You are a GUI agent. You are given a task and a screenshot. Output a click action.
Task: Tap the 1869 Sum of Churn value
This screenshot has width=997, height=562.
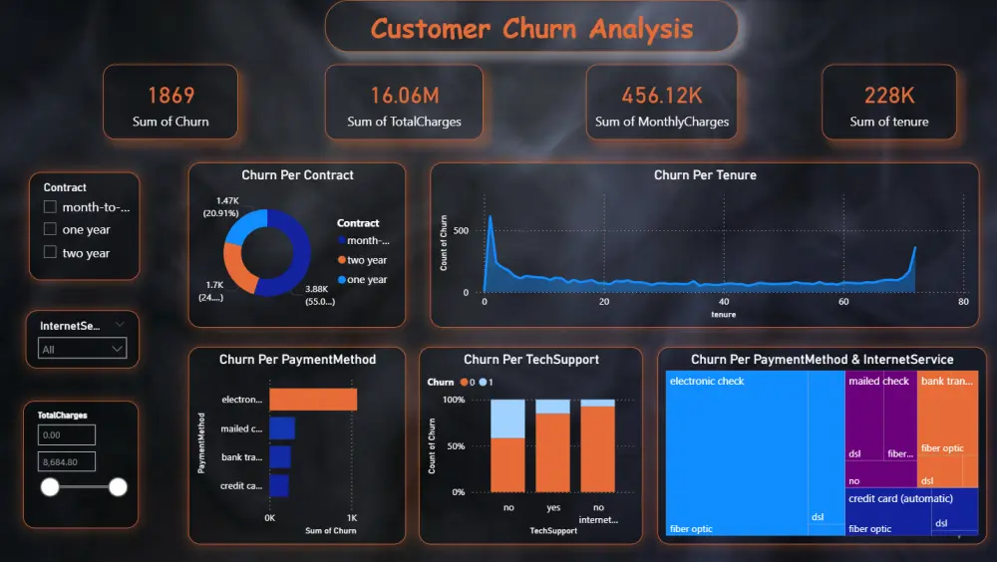pos(170,96)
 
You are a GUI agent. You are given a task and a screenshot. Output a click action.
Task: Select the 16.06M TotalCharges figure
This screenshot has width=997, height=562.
pos(404,96)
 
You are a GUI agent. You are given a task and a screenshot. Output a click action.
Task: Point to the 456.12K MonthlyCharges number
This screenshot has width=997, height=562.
pos(662,96)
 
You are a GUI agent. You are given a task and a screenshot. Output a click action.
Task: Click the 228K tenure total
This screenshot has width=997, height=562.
pos(888,96)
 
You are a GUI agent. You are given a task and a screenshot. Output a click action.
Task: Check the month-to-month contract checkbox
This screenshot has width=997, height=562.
pos(50,207)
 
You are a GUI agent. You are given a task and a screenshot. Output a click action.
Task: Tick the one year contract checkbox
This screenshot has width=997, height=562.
pos(50,230)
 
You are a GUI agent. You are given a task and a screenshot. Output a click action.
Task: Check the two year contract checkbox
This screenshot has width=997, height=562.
pos(50,253)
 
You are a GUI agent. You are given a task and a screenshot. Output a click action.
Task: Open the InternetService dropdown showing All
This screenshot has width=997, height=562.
pos(82,349)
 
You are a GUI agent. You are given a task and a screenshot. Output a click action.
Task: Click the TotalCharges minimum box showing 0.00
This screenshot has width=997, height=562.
pos(66,435)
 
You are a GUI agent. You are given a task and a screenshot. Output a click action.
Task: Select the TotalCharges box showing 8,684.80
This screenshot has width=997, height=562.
pos(66,461)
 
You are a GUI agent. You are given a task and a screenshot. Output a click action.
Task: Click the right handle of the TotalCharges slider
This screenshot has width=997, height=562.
pos(118,487)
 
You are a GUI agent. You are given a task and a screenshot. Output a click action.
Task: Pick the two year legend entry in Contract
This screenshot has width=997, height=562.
pos(367,261)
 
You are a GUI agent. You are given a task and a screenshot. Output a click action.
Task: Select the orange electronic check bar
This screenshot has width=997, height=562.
pos(312,400)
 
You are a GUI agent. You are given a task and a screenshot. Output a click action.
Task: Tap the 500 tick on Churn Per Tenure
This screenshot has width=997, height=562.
pos(461,230)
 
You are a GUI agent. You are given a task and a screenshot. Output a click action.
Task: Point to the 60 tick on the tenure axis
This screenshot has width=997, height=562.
pos(843,302)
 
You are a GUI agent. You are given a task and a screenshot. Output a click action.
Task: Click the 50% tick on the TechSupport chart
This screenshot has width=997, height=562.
pos(456,445)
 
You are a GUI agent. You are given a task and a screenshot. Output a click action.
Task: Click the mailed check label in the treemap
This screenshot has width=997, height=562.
pos(878,382)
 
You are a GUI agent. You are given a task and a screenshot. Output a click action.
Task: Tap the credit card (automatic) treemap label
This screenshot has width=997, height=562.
pos(900,498)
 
